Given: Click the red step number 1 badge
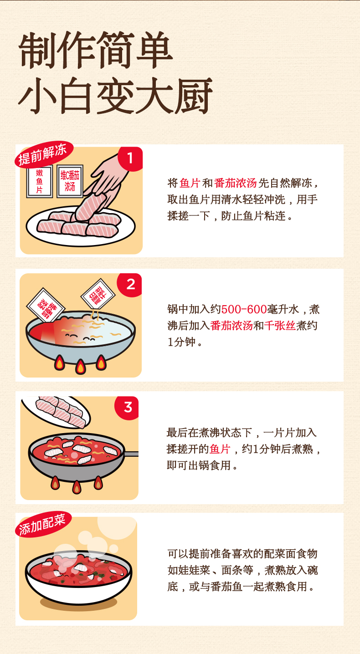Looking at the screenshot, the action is [130, 158].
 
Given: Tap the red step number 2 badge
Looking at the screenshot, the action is [130, 285].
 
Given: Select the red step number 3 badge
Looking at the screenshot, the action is [127, 408].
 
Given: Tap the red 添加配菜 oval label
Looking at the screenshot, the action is [43, 525].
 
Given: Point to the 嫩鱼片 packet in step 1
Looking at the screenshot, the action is [40, 181].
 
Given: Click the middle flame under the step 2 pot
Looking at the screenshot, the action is [80, 366].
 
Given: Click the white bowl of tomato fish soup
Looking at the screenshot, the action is [78, 577].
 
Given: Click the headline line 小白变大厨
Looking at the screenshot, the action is [115, 96].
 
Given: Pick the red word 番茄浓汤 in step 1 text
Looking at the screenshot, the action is [235, 183].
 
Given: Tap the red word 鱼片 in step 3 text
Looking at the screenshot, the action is [220, 449].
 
